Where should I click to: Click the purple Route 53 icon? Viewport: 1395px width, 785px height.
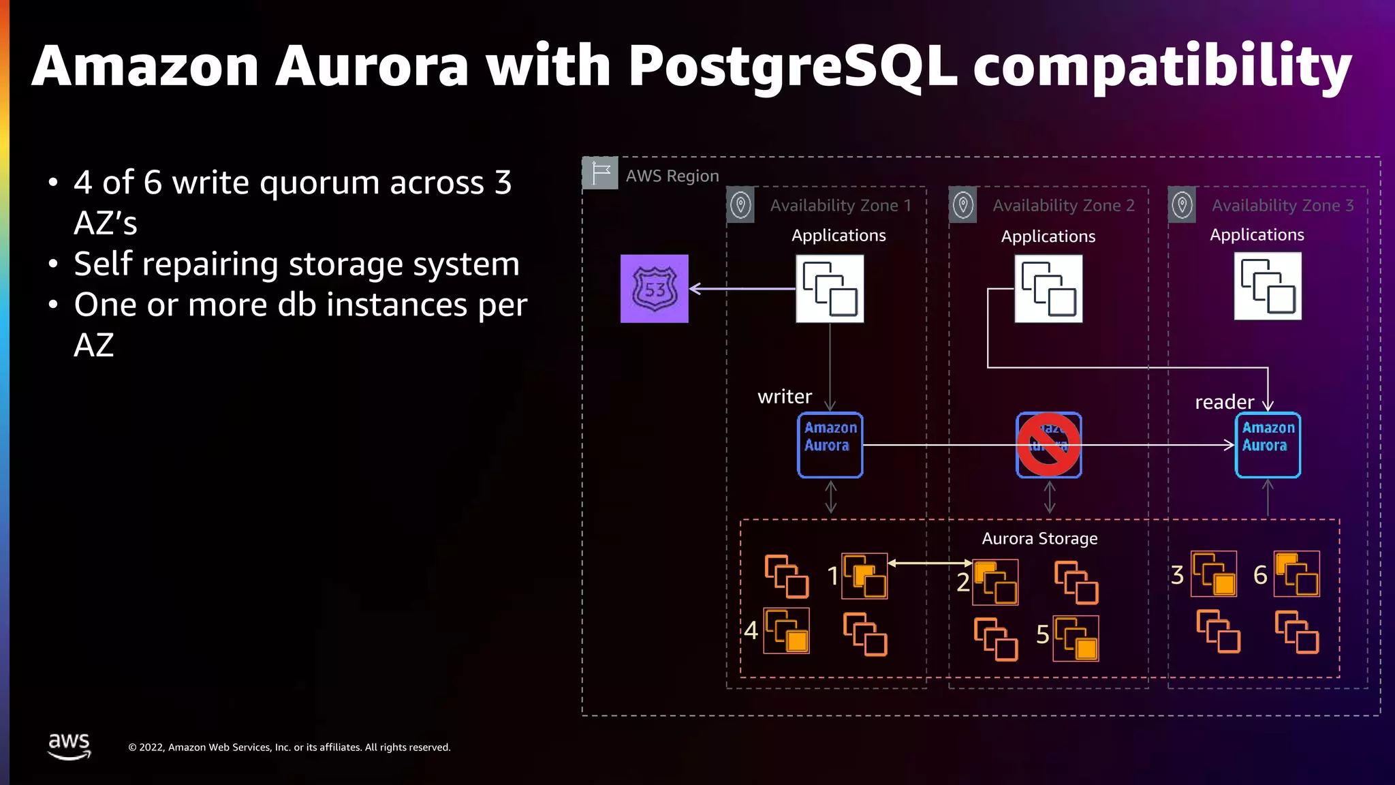[x=654, y=288]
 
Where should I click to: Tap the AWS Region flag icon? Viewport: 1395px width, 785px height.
[x=600, y=173]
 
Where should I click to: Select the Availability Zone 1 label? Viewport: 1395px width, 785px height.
[x=841, y=205]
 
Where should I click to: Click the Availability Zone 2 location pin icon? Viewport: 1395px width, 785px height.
[x=963, y=204]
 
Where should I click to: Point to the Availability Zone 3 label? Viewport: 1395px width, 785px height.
[x=1283, y=205]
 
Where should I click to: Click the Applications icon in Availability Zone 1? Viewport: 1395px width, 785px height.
[x=830, y=288]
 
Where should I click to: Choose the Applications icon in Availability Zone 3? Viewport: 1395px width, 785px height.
[x=1268, y=286]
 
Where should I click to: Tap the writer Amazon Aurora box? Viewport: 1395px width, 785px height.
[x=830, y=445]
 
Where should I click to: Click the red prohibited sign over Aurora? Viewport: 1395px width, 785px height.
[x=1048, y=445]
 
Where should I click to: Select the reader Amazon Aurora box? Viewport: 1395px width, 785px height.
[x=1268, y=445]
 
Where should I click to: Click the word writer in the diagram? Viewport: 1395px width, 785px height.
[x=785, y=397]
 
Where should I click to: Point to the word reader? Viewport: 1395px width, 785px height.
[x=1224, y=402]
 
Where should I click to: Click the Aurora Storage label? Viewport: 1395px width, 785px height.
[x=1039, y=538]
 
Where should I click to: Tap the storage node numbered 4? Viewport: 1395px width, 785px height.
[x=787, y=630]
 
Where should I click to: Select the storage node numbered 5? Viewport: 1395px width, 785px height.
[x=1076, y=638]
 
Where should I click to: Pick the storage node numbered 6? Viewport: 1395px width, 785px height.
[x=1297, y=574]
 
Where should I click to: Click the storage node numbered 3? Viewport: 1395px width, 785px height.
[x=1214, y=574]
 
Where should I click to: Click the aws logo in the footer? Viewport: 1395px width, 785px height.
[x=69, y=745]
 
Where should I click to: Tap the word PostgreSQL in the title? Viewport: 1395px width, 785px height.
[x=792, y=66]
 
